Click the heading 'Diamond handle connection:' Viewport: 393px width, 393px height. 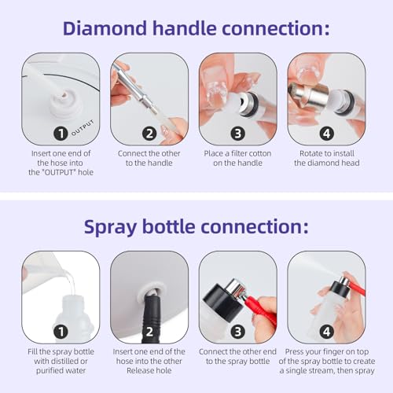click(196, 29)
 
